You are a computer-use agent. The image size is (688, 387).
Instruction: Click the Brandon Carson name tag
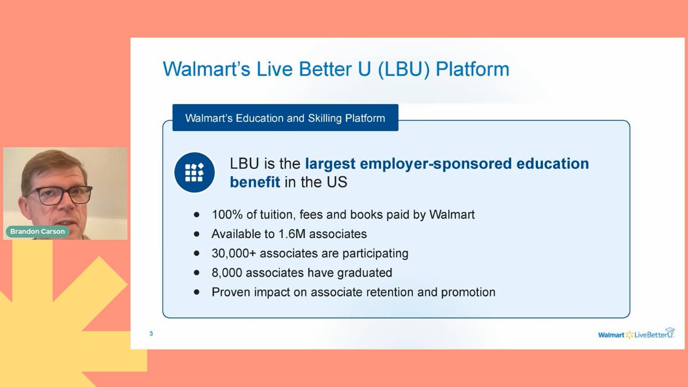[37, 231]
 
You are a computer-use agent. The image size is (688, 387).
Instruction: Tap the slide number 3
[151, 334]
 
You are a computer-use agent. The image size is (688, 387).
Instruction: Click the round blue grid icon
[194, 172]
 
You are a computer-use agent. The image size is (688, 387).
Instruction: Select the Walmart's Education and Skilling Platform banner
[286, 118]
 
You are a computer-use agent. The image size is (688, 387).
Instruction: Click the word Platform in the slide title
[472, 69]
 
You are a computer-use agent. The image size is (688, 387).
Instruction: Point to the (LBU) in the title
[403, 69]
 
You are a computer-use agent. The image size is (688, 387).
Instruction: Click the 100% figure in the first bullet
[227, 215]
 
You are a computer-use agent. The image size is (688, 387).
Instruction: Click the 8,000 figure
[227, 273]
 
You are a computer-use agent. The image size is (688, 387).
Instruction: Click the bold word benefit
[255, 182]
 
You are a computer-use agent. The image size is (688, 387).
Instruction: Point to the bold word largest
[330, 164]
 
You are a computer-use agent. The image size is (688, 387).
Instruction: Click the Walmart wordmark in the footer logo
[611, 335]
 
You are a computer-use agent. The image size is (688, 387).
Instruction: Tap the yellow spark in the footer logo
[630, 335]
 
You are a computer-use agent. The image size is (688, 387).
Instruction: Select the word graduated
[365, 273]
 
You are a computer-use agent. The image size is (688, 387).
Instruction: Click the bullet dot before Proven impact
[196, 292]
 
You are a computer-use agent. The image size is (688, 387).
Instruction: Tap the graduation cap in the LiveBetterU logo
[670, 330]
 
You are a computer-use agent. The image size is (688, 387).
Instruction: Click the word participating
[375, 254]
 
